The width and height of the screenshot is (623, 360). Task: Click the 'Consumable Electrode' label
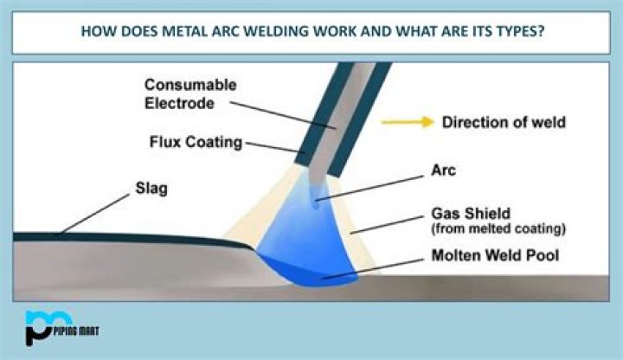184,93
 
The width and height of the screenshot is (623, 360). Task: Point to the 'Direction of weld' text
504,122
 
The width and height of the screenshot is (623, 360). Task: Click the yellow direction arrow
408,122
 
